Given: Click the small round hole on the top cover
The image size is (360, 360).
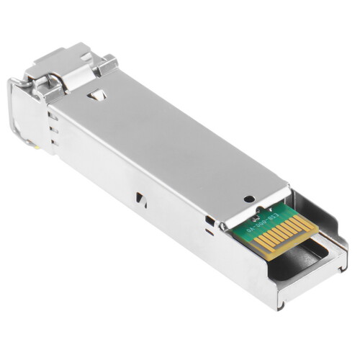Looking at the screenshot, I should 248,199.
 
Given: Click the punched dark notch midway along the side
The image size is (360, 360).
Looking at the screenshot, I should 140,195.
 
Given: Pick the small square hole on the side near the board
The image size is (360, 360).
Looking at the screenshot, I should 209,219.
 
